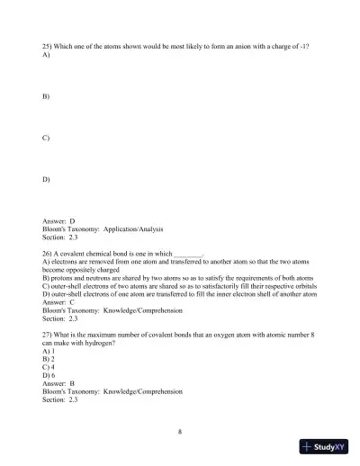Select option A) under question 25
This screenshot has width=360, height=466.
46,55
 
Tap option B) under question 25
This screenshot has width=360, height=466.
46,96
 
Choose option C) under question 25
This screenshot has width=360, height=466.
46,138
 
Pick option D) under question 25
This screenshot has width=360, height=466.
46,179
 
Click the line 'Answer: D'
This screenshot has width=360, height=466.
59,220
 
